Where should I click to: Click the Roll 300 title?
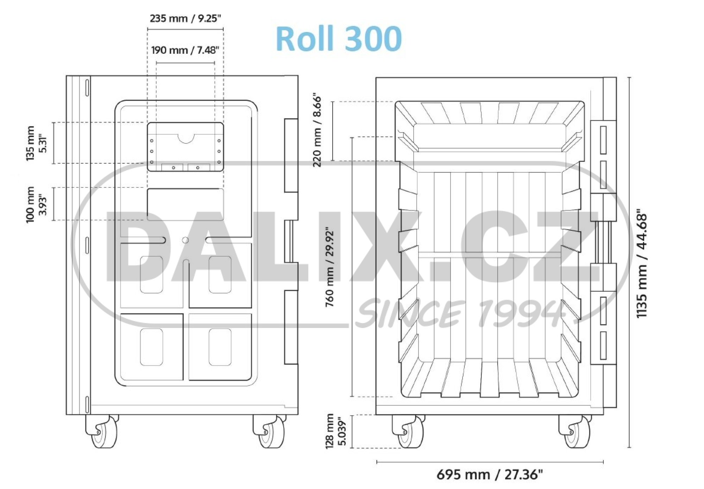coord(339,38)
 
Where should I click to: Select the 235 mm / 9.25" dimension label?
coord(185,18)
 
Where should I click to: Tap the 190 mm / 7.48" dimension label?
coord(185,50)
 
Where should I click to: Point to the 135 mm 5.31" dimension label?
coord(36,143)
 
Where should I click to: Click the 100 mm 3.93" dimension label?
coord(36,204)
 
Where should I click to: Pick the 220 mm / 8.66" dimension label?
coord(317,130)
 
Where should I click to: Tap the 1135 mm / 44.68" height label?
coord(642,265)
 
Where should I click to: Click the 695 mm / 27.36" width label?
coord(490,475)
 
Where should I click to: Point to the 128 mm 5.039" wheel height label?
coord(335,431)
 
